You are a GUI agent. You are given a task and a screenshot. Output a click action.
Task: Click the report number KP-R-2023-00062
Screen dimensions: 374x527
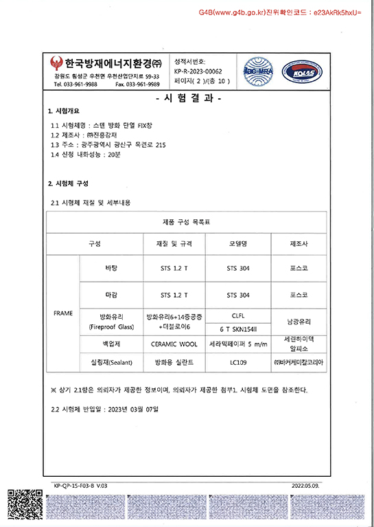199,71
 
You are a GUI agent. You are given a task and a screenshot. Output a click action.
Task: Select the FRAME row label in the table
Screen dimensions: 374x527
63,313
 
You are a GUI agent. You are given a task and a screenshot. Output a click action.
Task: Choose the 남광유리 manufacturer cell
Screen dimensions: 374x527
299,322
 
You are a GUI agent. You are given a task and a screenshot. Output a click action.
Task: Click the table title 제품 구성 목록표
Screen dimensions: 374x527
187,223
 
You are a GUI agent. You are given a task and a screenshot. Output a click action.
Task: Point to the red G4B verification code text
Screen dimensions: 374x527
280,13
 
